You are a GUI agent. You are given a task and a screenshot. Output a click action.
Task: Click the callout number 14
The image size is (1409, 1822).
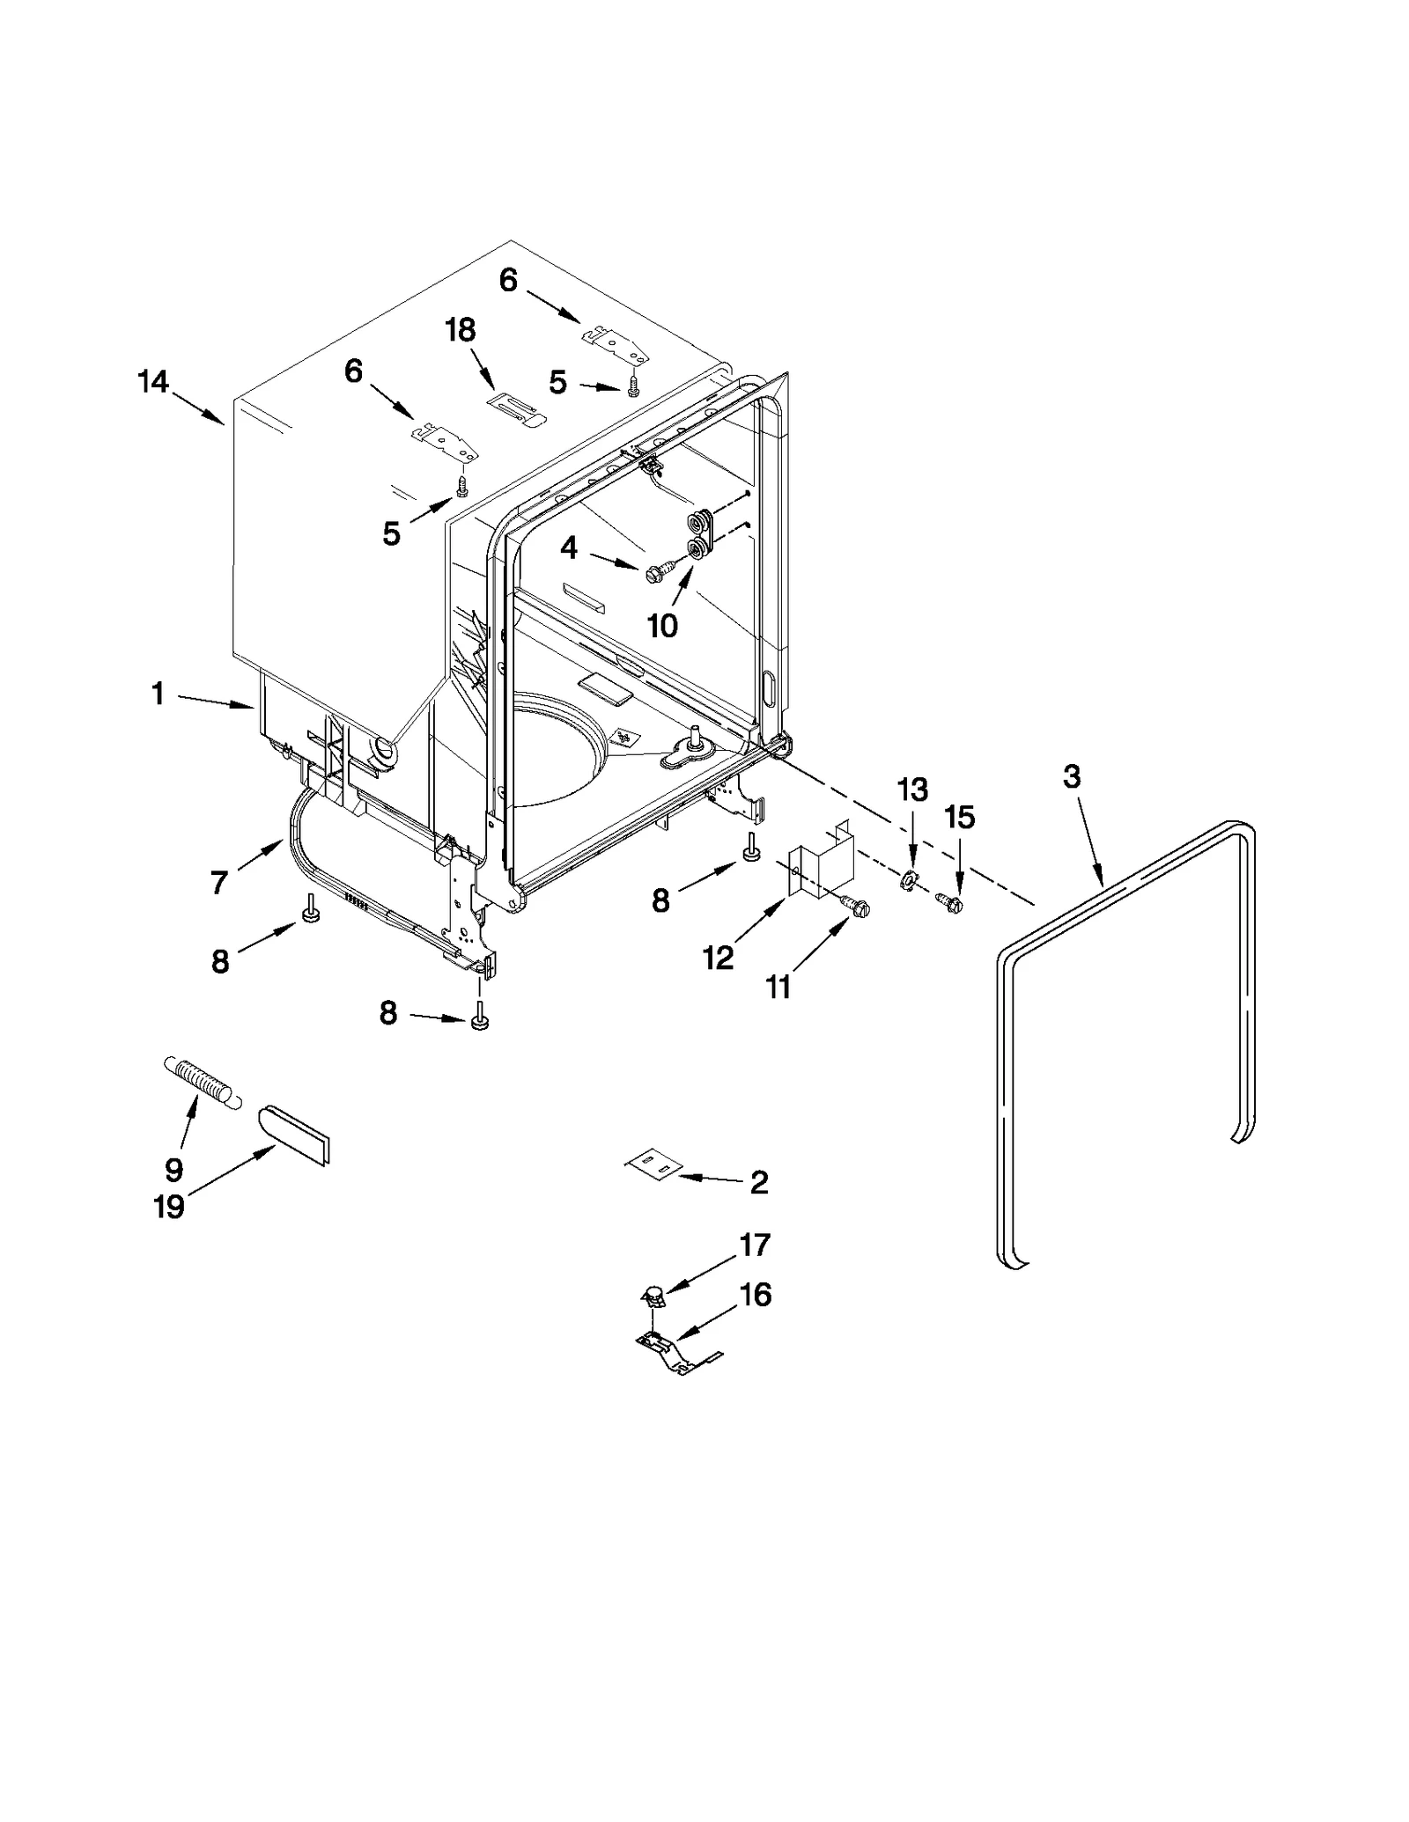click(152, 382)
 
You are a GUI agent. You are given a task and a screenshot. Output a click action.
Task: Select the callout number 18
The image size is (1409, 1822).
click(460, 330)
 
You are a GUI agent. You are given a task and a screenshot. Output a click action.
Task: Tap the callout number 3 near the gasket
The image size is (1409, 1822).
click(1071, 777)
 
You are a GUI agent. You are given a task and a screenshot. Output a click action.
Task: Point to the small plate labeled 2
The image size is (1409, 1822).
click(653, 1167)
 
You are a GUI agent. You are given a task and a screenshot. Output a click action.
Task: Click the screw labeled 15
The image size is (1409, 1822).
click(949, 902)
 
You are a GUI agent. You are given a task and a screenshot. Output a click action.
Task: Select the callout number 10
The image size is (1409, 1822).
click(662, 626)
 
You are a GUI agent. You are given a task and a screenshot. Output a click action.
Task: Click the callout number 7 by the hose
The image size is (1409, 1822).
click(219, 881)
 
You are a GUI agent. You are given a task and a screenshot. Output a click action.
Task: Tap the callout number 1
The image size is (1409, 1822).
click(158, 694)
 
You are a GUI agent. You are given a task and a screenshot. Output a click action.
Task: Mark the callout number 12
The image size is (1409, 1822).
click(718, 958)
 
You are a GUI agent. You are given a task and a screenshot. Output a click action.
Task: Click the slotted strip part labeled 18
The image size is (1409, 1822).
click(517, 408)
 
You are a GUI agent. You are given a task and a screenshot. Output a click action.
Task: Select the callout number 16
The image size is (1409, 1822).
click(756, 1295)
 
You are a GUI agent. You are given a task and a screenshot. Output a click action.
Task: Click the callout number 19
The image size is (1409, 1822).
click(169, 1206)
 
